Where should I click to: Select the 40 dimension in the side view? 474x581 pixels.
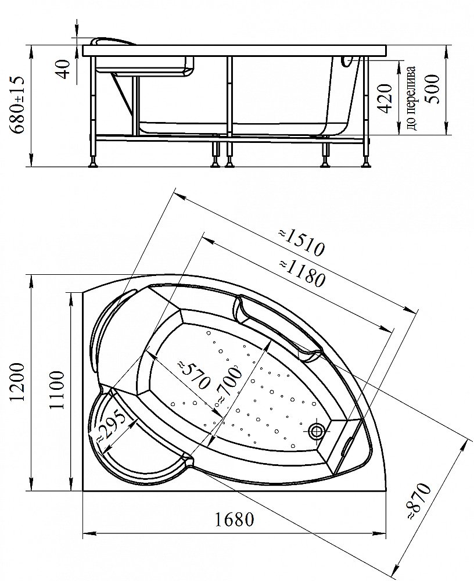coord(65,69)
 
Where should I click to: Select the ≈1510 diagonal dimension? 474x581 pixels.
coord(300,241)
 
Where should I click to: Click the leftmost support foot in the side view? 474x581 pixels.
coord(93,163)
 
